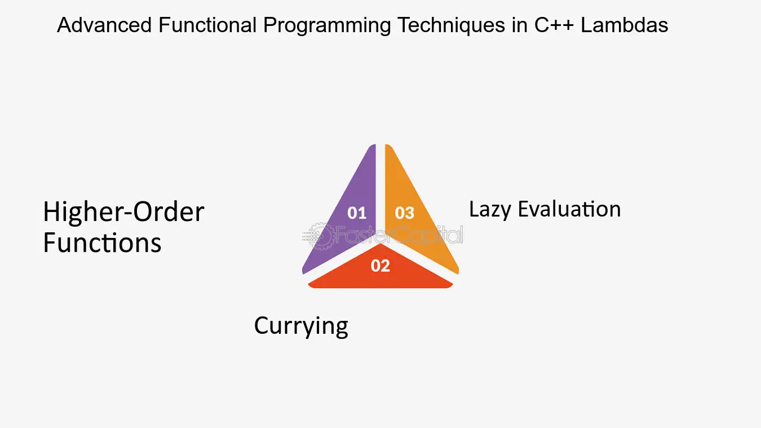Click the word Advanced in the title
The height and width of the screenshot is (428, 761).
104,25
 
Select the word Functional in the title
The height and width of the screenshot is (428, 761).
207,25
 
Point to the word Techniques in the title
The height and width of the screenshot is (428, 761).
451,26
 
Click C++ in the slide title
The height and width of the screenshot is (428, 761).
554,25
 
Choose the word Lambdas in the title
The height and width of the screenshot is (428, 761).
625,25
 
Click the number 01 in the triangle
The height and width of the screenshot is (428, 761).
357,213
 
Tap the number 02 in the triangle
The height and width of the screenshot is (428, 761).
380,266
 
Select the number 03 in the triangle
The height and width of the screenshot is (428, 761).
404,213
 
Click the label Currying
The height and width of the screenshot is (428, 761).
301,326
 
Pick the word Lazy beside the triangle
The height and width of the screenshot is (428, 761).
490,210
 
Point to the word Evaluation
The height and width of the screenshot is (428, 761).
569,209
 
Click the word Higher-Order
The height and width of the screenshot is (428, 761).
123,211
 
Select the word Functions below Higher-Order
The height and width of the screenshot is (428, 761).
102,242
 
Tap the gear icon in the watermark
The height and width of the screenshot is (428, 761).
321,236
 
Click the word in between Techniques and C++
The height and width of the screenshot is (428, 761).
519,25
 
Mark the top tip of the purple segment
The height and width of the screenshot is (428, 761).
373,145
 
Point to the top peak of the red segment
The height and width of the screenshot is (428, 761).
380,244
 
